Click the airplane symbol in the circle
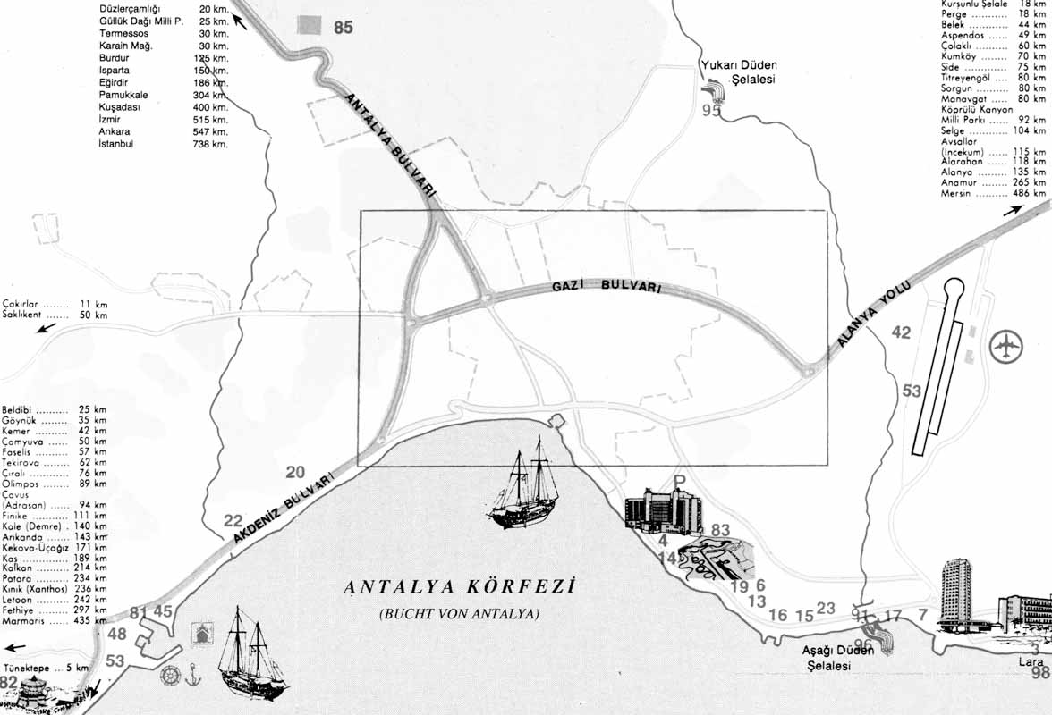[x=1008, y=345]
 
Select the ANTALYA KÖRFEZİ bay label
[x=457, y=587]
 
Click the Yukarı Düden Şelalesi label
[x=740, y=71]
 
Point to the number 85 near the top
[x=344, y=28]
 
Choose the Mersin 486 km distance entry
[x=992, y=193]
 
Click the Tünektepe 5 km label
[x=45, y=668]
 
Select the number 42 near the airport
[x=901, y=333]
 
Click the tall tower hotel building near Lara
[x=955, y=594]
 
